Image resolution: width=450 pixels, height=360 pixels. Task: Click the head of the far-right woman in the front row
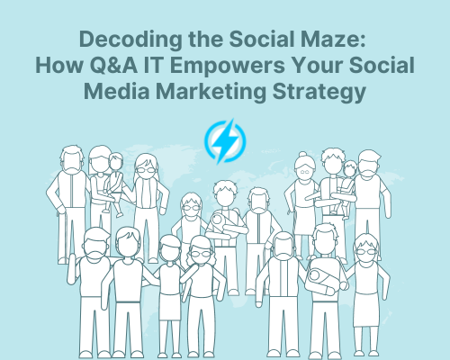[x=365, y=247]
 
